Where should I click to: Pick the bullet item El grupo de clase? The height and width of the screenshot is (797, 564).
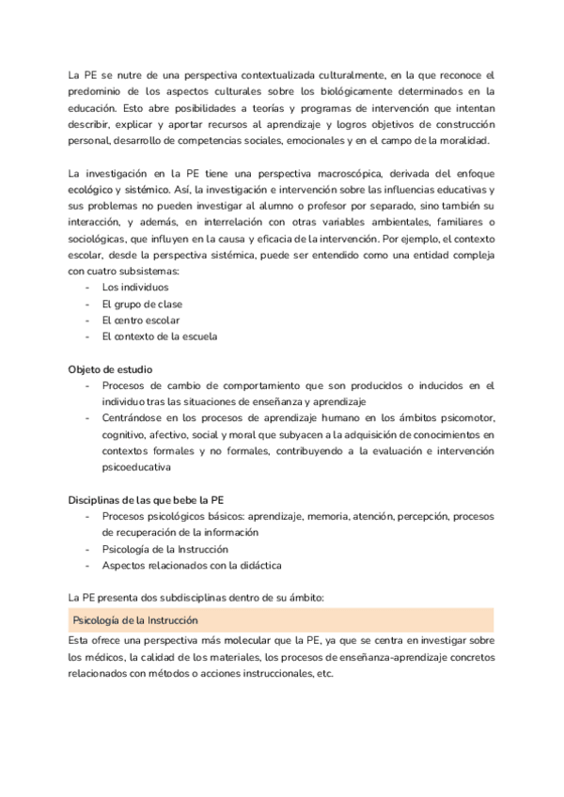click(142, 304)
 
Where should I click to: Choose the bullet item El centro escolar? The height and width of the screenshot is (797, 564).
click(140, 320)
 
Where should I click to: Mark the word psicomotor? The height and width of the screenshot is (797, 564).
click(467, 418)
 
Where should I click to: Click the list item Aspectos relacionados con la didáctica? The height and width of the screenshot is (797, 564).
click(192, 565)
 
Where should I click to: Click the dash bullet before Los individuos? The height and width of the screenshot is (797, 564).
click(87, 287)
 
